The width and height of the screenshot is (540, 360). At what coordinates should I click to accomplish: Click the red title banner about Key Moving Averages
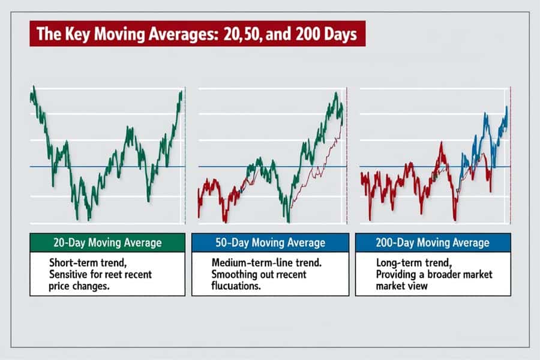coord(197,34)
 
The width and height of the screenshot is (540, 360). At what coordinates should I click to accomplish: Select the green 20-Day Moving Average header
coord(107,243)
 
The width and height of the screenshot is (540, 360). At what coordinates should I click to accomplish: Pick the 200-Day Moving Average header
coord(433,243)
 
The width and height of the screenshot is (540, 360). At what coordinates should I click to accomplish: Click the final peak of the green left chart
coord(180,92)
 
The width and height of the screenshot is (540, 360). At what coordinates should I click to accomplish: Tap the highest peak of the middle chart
coord(336,93)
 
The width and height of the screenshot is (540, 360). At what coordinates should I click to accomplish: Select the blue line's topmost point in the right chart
coord(506,107)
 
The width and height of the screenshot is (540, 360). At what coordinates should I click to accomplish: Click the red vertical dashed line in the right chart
coord(510,156)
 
